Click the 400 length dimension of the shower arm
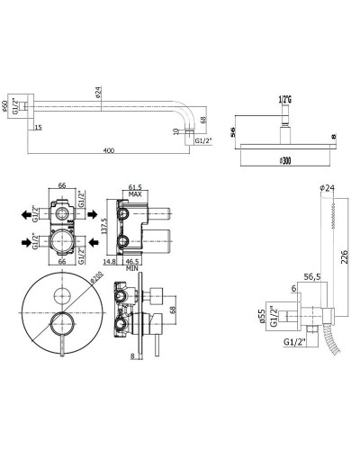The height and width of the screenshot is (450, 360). [110, 150]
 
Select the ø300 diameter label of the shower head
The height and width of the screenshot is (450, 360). [285, 161]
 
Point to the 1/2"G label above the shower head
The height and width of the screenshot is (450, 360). [284, 100]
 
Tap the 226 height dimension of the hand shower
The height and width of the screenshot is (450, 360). [345, 256]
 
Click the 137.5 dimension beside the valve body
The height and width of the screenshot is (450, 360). [104, 226]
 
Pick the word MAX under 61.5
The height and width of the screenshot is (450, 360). [135, 194]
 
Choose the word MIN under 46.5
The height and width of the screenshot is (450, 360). [132, 268]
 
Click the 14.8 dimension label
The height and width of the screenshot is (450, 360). [110, 262]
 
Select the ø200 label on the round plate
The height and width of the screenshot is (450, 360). [96, 276]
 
